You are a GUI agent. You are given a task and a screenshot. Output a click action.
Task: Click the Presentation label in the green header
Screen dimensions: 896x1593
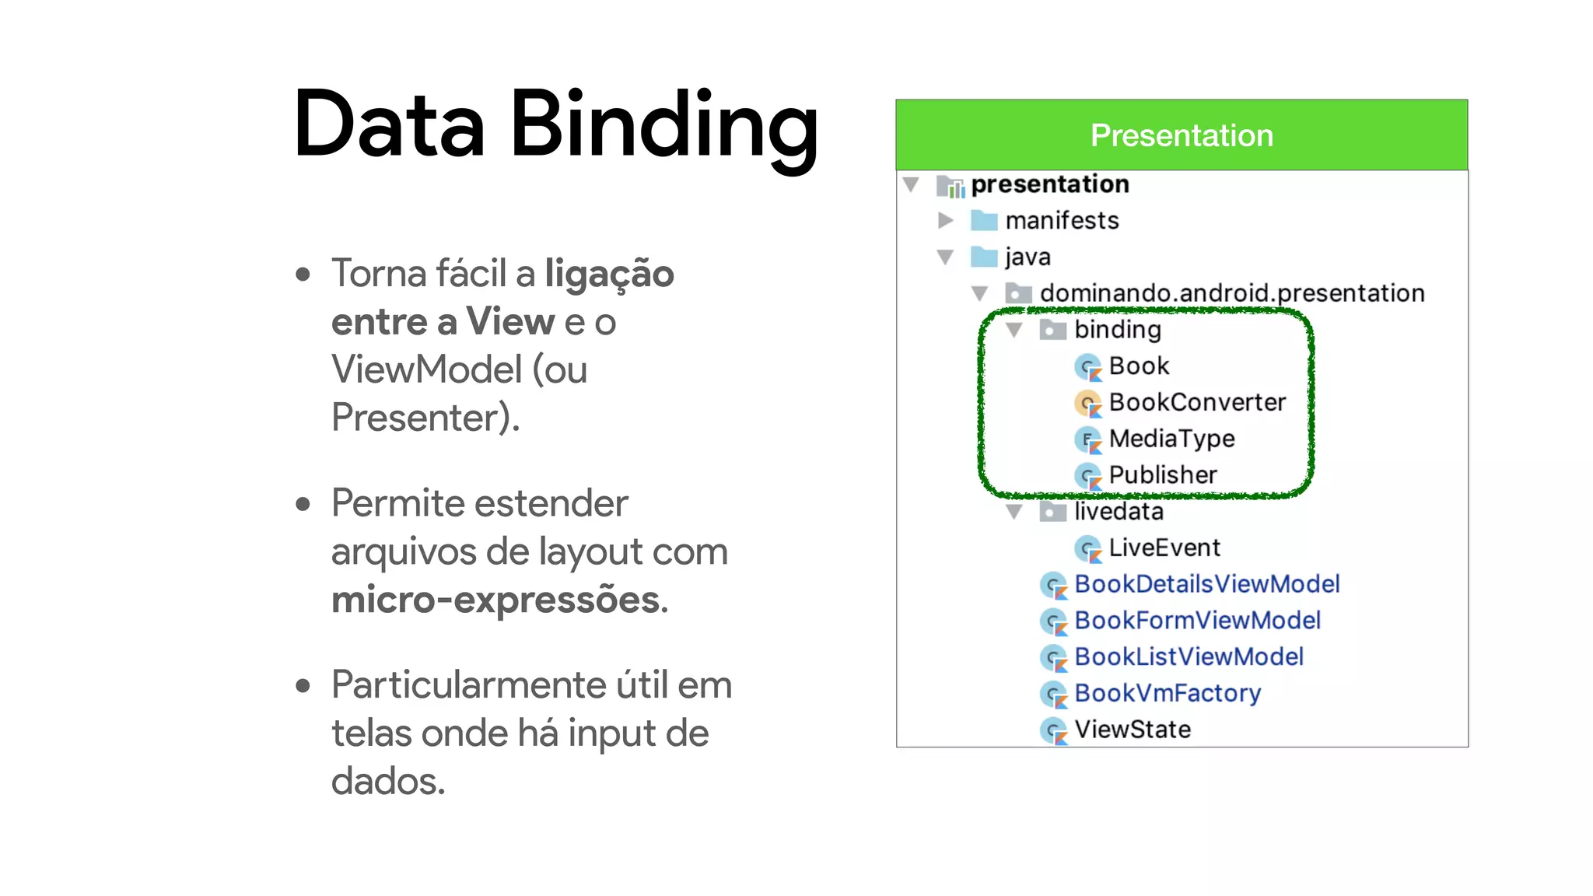[x=1181, y=135]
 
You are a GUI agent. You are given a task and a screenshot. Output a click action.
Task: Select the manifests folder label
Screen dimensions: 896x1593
[x=1061, y=221]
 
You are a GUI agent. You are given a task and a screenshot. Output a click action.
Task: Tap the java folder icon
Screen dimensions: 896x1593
[x=984, y=257]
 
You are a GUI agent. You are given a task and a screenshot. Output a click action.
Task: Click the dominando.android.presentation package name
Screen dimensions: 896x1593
[x=1231, y=293]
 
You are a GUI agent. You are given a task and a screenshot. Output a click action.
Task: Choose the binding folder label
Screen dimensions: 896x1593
[x=1117, y=330]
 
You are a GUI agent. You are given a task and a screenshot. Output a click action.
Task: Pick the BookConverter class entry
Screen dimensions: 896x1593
[x=1196, y=402]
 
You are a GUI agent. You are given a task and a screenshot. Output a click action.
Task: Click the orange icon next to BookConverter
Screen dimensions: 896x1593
[x=1087, y=403]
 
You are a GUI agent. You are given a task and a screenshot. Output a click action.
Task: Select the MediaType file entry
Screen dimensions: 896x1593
[x=1171, y=439]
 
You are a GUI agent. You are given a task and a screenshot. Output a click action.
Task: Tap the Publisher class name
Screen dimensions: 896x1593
[x=1162, y=474]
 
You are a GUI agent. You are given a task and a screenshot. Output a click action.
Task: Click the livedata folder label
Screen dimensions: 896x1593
[x=1119, y=512]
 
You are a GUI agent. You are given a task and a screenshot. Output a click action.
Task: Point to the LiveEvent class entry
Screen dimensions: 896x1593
[x=1164, y=548]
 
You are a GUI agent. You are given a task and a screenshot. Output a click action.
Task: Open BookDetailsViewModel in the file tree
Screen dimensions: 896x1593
[x=1206, y=584]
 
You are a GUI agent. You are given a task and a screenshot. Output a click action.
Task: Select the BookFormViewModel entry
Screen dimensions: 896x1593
[x=1197, y=621]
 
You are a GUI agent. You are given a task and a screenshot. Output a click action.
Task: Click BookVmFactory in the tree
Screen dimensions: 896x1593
[x=1167, y=693]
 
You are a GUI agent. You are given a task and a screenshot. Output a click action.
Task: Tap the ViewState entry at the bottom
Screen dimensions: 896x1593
[x=1132, y=730]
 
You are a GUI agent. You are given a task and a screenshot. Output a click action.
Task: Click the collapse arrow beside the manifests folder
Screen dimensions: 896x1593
[x=945, y=221]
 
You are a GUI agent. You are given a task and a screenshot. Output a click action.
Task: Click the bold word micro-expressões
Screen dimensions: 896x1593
[x=499, y=600]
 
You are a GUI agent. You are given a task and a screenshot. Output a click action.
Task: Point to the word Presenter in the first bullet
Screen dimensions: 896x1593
[x=420, y=418]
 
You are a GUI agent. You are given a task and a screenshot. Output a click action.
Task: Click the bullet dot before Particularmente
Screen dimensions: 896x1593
[x=303, y=686]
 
